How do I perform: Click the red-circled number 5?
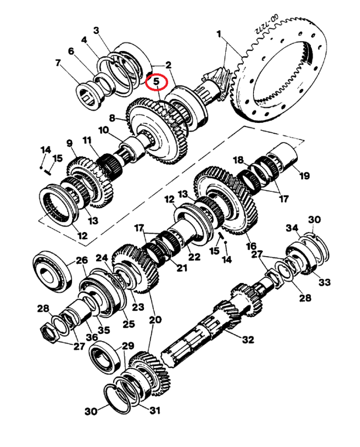point(156,82)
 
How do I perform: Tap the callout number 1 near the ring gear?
point(219,34)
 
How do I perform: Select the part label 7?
point(58,63)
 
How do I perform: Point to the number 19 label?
point(304,175)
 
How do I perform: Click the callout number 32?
point(248,339)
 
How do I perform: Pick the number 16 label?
point(251,246)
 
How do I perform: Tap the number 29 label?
point(128,346)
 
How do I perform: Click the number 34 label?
point(292,227)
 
